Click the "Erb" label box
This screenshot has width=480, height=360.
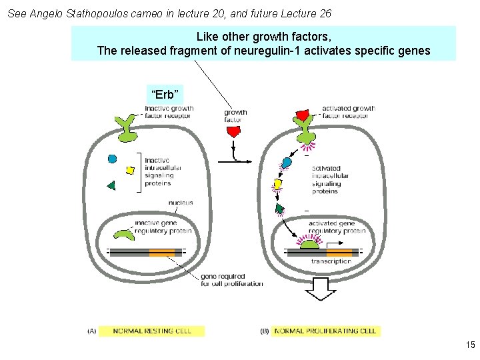click(x=164, y=94)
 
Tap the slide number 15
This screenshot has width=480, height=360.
click(x=470, y=345)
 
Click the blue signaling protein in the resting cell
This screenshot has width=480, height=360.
click(x=113, y=159)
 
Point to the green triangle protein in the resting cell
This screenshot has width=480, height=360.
click(x=111, y=185)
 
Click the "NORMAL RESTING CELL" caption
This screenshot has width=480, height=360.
click(x=152, y=331)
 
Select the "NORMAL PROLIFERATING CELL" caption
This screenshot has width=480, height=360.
click(x=325, y=331)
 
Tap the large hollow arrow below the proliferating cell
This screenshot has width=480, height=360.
click(x=321, y=289)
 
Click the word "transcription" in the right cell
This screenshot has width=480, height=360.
click(x=331, y=261)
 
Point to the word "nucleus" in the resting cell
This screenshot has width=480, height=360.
click(x=180, y=203)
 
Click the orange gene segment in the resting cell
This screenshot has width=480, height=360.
click(x=162, y=253)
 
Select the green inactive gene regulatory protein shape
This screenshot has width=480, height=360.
click(x=123, y=234)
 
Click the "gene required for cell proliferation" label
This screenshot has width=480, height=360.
click(x=231, y=280)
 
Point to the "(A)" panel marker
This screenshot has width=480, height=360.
click(x=92, y=331)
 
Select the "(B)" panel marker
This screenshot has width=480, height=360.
click(x=265, y=331)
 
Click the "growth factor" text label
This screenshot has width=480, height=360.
click(x=235, y=116)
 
